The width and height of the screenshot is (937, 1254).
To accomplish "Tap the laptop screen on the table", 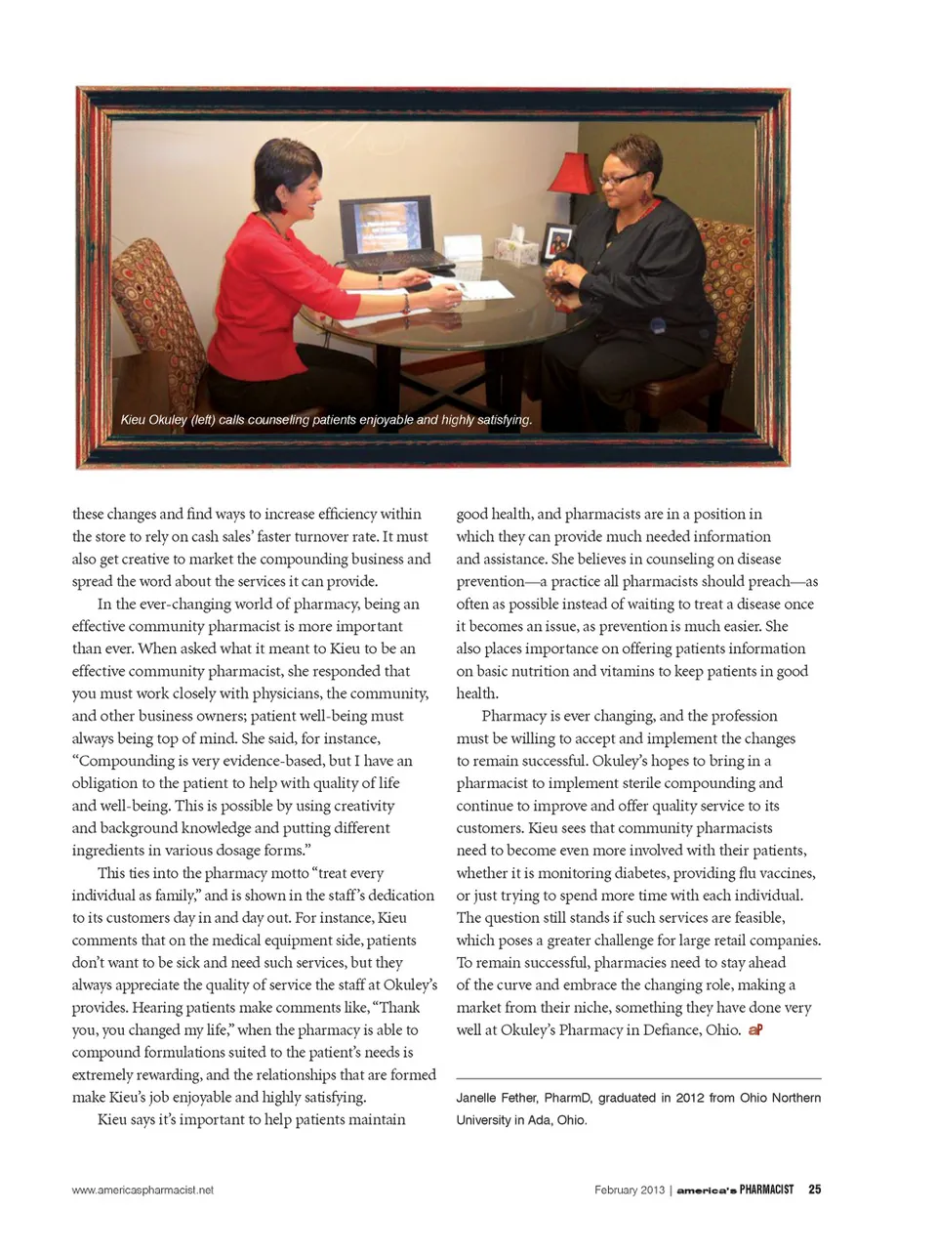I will coord(385,224).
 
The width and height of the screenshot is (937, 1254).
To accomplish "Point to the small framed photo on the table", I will coord(558,240).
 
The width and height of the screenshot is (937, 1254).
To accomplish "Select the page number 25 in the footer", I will coord(815,1190).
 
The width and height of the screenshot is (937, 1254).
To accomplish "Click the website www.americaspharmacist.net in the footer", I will coord(143,1190).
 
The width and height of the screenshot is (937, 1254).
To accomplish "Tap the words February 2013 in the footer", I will coord(629,1190).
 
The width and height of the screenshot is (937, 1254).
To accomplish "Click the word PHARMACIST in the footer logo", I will coord(766,1190).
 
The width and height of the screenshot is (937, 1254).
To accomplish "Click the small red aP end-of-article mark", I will coord(755,1030).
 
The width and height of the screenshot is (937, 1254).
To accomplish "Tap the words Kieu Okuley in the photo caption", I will coord(153,420).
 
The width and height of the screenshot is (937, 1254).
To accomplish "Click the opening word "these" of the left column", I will coord(92,514).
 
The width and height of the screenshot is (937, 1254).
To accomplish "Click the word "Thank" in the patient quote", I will coord(399,1007).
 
